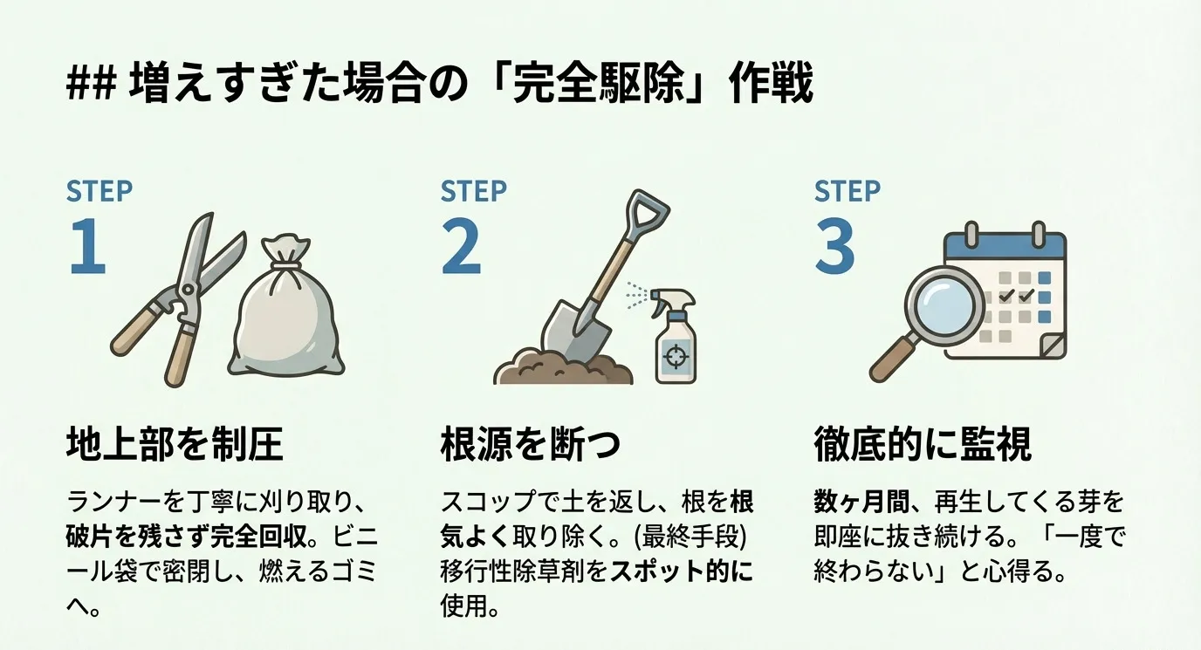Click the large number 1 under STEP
tap(87, 246)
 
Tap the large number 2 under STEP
tap(461, 246)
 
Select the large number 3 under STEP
tap(834, 246)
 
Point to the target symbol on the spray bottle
tap(676, 357)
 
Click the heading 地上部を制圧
tap(175, 445)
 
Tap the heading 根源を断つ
tap(531, 445)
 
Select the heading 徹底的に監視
tap(923, 445)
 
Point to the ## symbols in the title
tap(91, 86)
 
